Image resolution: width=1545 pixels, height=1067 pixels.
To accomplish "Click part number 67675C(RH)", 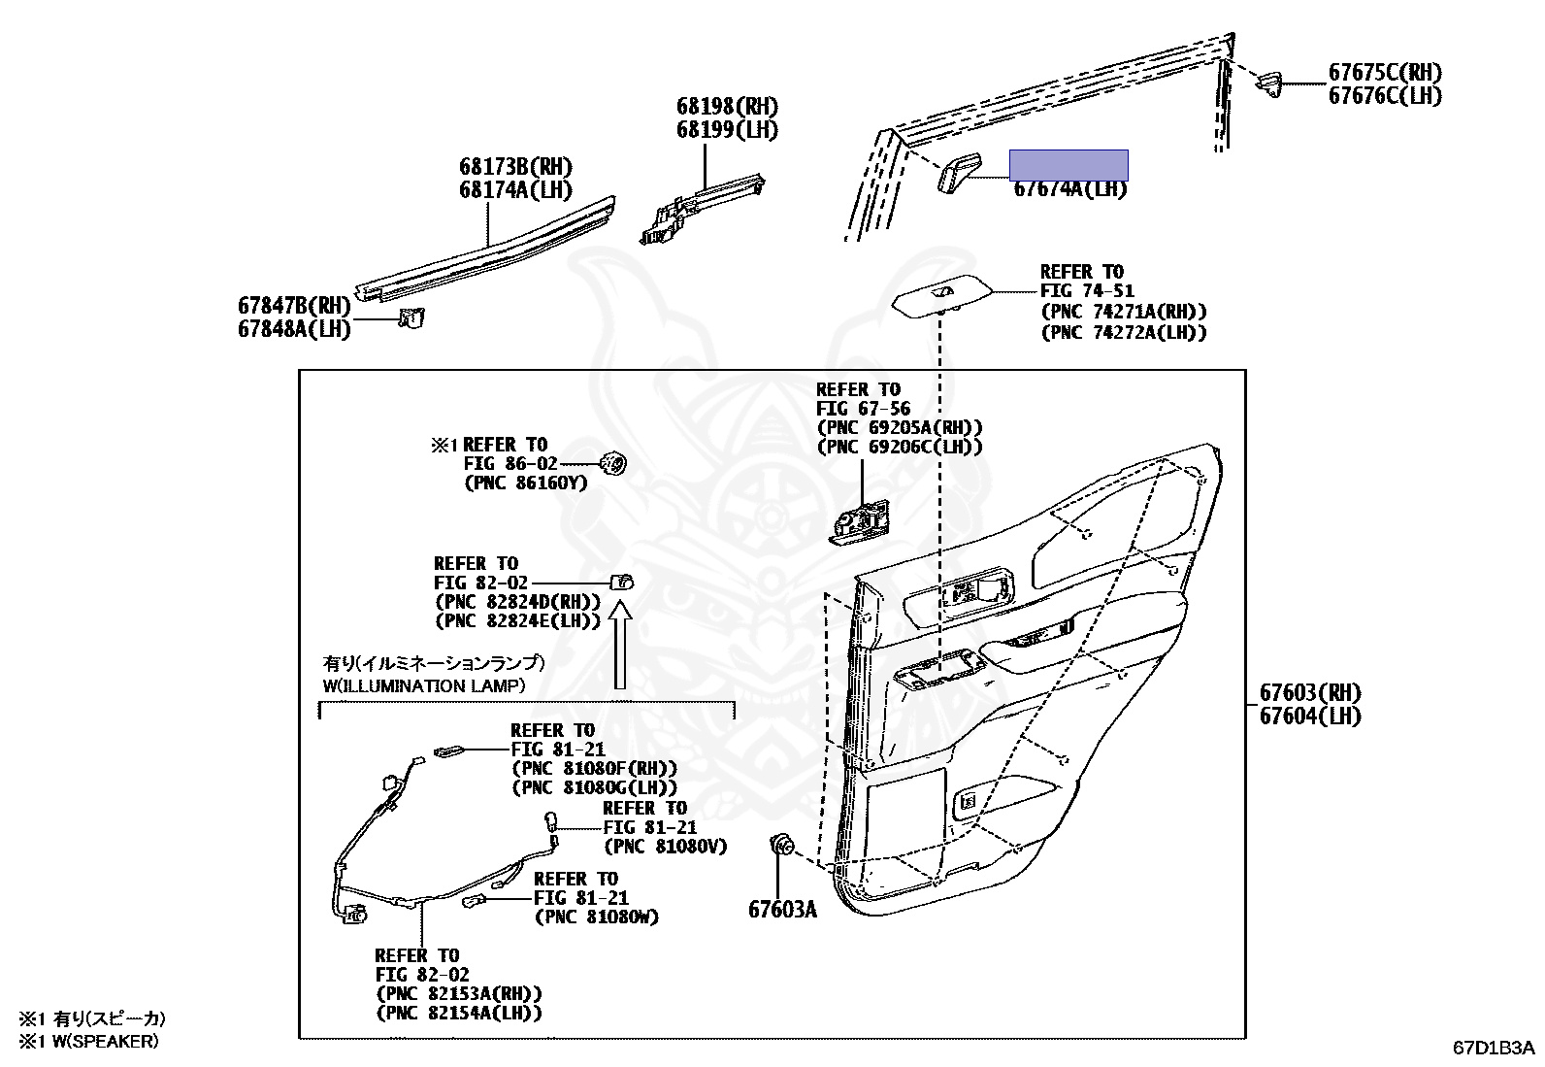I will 1384,73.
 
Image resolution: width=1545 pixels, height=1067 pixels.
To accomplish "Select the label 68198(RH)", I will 727,107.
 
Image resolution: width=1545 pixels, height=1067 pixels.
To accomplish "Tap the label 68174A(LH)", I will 515,190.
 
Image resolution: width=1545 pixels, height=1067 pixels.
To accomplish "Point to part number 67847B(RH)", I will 294,306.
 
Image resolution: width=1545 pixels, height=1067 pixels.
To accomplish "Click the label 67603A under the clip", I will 782,910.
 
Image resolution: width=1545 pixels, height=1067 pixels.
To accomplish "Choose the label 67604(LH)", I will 1310,717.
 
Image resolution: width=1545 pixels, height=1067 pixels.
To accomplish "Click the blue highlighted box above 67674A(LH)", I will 1068,165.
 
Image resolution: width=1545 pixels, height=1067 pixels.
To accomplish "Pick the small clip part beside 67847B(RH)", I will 411,317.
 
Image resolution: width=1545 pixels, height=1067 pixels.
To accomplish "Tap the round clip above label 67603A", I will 779,848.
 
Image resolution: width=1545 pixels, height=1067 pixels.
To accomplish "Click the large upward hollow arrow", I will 620,645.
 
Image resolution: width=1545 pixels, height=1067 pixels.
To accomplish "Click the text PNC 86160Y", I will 525,483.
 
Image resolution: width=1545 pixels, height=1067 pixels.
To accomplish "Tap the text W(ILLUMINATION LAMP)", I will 424,685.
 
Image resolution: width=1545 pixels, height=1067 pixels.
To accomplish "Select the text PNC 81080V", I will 665,847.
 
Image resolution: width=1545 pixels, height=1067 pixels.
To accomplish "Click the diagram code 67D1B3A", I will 1494,1048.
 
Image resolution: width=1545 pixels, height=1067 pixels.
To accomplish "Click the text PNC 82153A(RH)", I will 458,994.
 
